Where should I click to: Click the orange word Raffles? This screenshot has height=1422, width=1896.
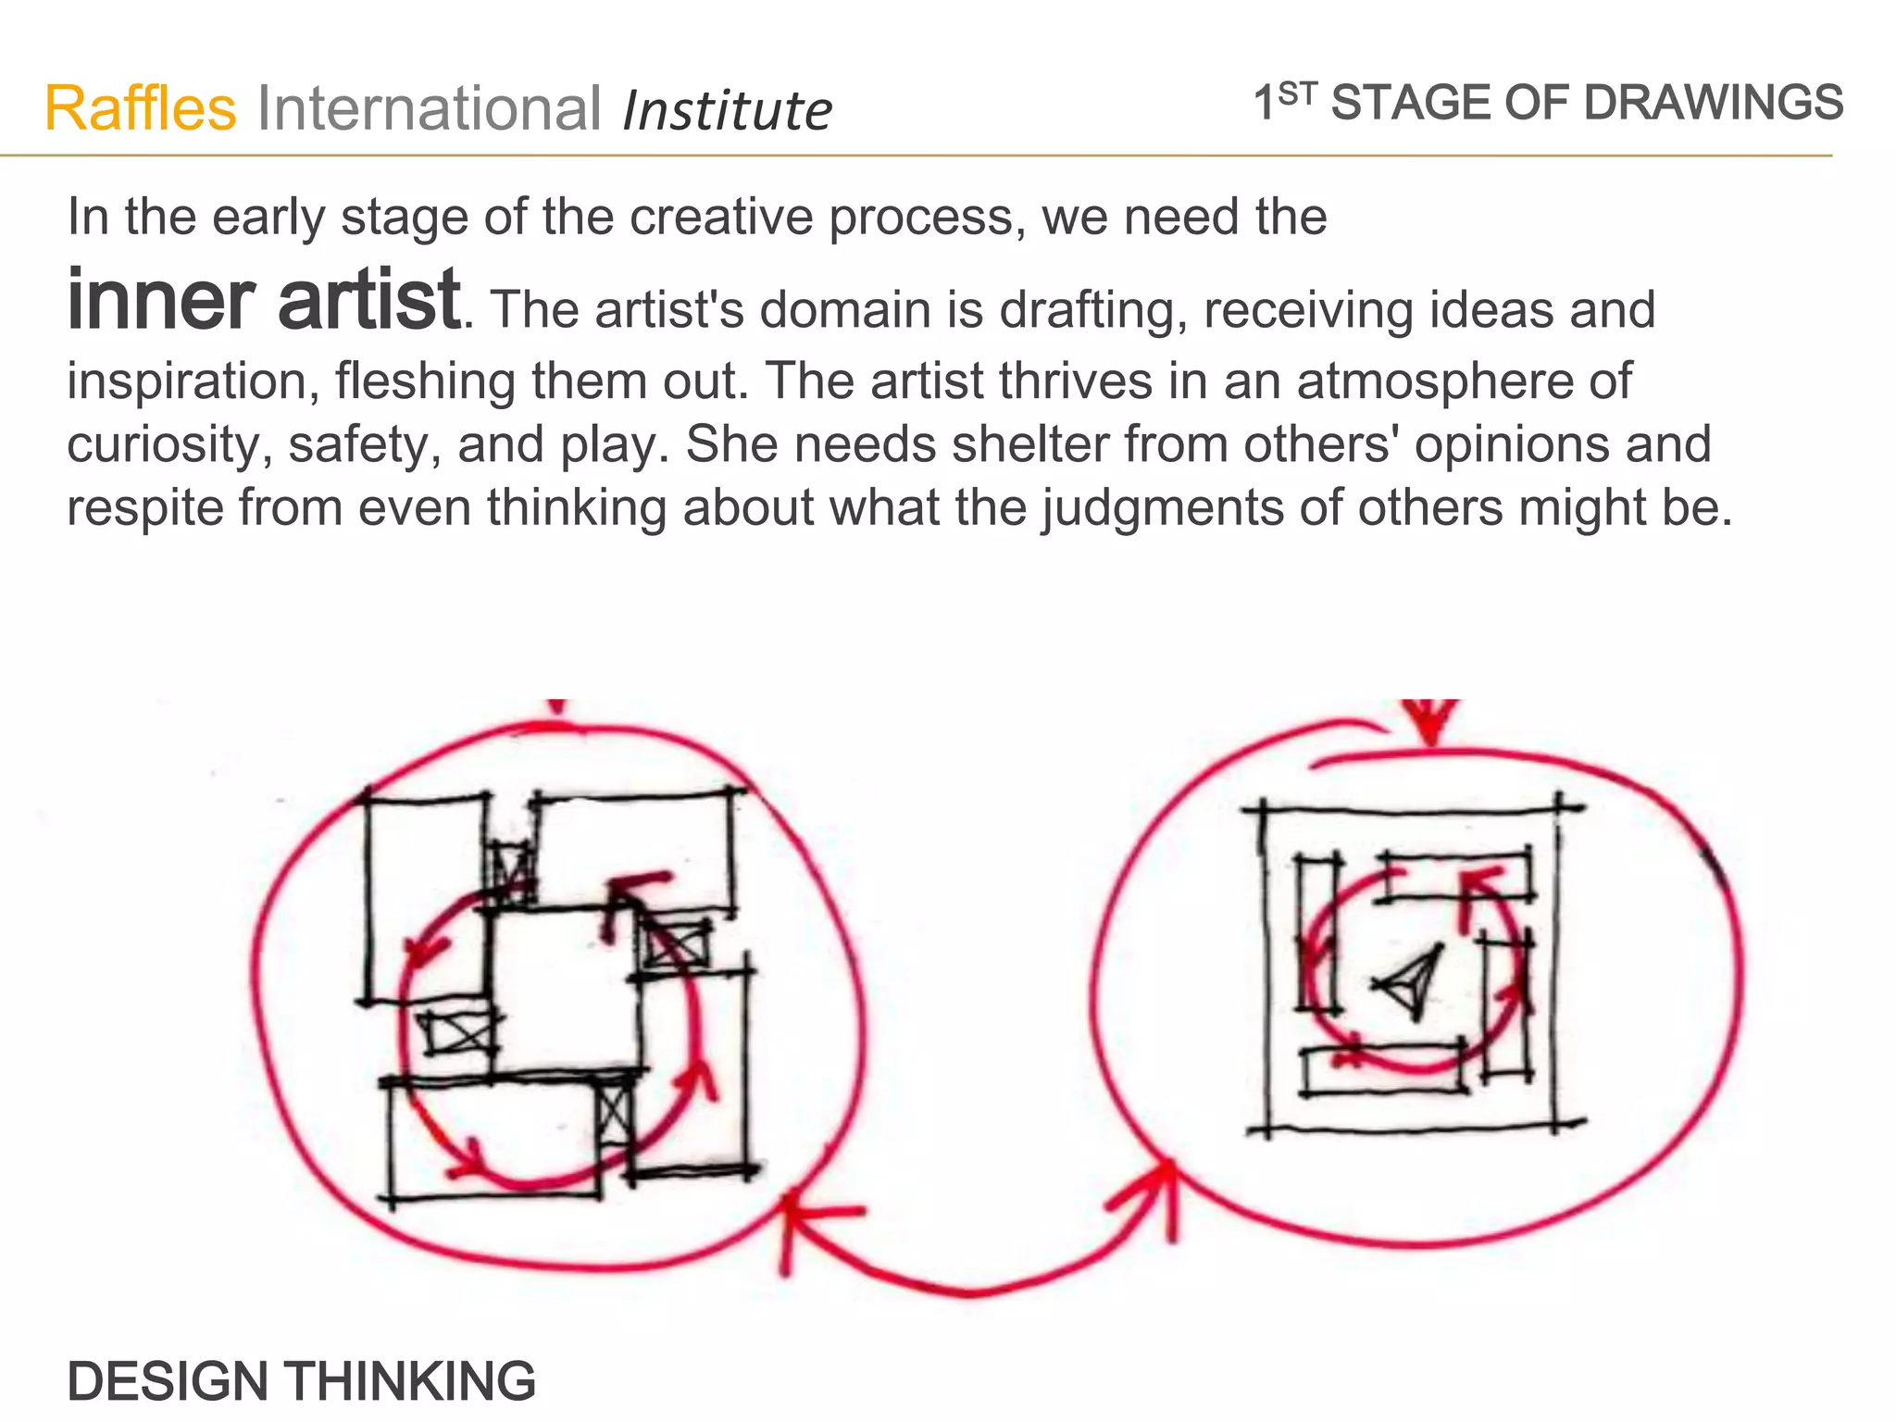click(141, 108)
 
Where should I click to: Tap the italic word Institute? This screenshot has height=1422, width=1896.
click(728, 111)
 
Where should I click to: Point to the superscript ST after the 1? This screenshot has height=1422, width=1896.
click(1297, 92)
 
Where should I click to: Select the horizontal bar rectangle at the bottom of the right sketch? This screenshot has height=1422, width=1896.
click(1383, 1069)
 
